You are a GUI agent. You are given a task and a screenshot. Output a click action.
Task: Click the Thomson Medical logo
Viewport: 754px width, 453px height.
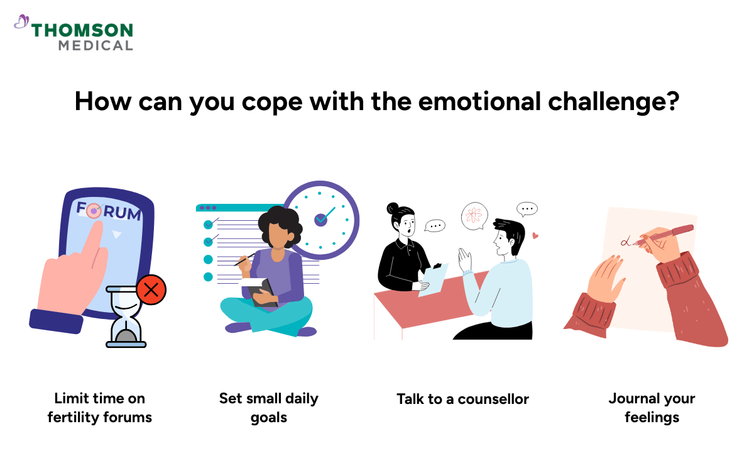74,35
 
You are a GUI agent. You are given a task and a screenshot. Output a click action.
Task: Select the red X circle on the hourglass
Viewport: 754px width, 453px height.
151,290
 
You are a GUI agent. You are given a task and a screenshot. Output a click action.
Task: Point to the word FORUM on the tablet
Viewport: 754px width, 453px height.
109,211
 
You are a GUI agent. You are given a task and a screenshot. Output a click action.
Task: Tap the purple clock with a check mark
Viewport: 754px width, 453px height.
321,220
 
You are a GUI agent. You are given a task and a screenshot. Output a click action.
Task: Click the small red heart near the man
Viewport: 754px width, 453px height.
535,237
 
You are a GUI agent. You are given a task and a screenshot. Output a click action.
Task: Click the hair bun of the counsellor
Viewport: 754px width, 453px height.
393,208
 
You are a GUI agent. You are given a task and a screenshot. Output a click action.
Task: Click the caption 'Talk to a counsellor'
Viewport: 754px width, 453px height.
462,399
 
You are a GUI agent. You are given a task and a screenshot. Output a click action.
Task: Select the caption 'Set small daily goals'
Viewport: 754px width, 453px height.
269,408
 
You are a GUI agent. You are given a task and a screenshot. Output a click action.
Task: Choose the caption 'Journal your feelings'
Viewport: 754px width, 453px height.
652,408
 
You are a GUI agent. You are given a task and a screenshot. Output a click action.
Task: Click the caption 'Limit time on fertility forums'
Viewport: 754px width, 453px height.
99,408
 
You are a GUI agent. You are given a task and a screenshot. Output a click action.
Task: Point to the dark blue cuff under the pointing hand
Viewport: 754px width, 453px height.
57,320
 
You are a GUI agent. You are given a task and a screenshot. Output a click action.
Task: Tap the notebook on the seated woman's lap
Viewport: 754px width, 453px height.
263,293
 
